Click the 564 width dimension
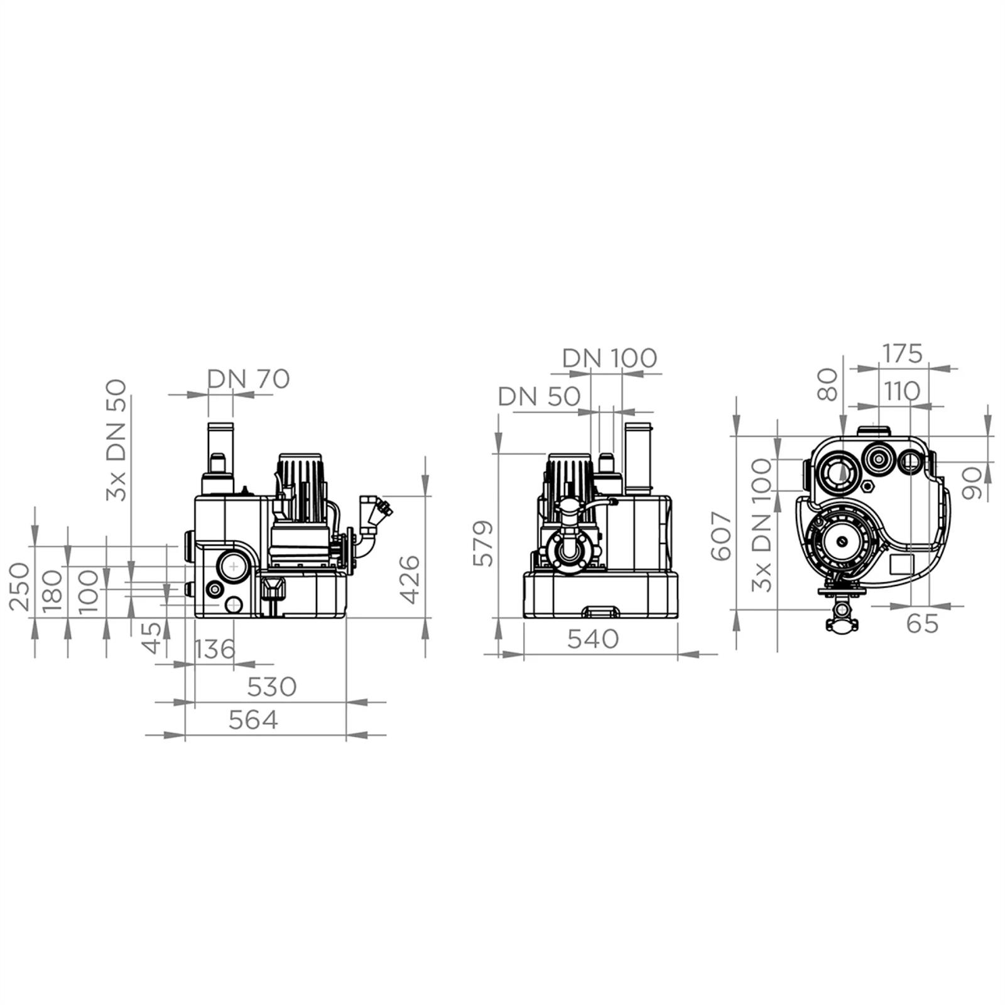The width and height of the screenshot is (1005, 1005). (253, 720)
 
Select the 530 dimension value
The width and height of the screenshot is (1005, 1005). (271, 687)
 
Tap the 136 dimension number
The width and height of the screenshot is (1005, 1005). (215, 649)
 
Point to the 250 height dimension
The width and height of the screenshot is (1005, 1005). (19, 587)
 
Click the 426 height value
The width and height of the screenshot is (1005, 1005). (410, 579)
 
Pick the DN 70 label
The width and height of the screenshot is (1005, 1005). (249, 379)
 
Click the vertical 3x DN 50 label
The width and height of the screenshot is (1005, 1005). (116, 440)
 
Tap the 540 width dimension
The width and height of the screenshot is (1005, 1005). (594, 639)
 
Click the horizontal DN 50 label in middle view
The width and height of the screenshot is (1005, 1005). (539, 396)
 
